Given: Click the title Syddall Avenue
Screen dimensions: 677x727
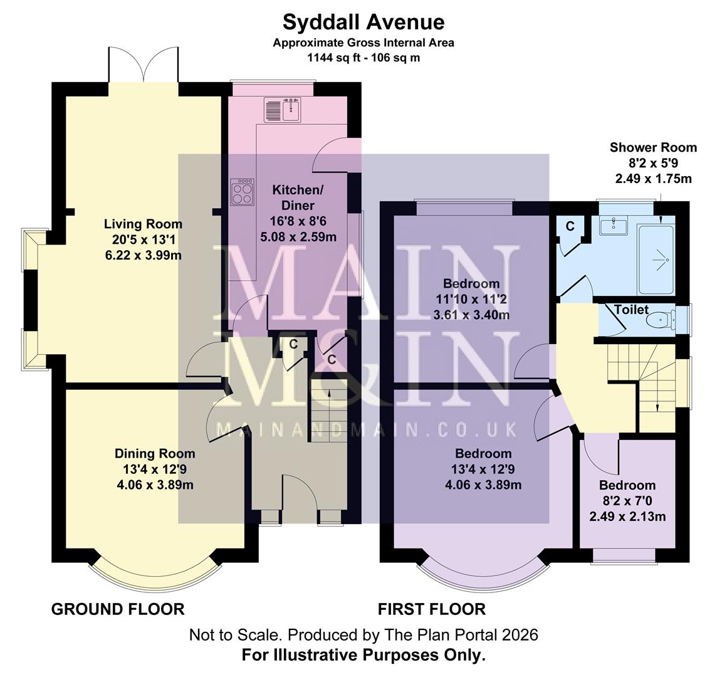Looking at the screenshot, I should [x=363, y=22].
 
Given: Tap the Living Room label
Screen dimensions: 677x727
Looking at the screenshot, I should [x=143, y=224].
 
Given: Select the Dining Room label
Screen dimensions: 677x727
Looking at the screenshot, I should [x=154, y=453].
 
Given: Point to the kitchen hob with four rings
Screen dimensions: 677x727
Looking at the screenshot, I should [x=243, y=191].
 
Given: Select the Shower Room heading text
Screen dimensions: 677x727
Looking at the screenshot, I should [x=653, y=147].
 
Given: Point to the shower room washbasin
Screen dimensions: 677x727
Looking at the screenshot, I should [x=614, y=225].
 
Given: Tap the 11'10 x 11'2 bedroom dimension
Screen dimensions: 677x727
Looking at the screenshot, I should [x=471, y=299].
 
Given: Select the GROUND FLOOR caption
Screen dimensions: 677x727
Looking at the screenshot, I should [x=118, y=609].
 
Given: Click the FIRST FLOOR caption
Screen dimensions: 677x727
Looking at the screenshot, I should [x=431, y=609].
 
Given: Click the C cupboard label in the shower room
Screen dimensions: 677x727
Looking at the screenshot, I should [x=570, y=226].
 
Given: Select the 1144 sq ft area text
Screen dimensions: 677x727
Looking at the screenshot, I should [x=363, y=58].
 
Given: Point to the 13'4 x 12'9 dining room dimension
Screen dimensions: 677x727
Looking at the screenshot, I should [x=154, y=469].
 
